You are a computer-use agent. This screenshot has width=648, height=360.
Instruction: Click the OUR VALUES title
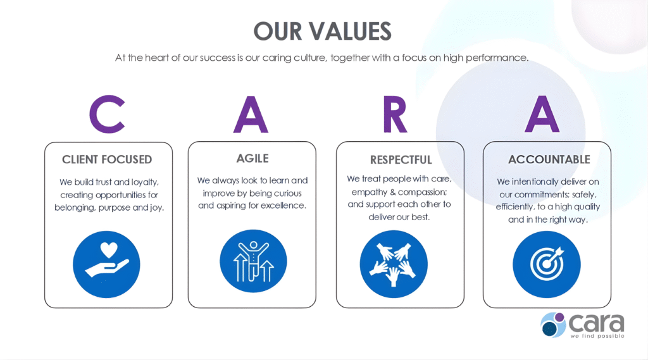pos(322,32)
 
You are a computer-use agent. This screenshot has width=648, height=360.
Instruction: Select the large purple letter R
pos(395,115)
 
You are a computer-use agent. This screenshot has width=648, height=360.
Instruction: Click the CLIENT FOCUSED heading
pos(107,159)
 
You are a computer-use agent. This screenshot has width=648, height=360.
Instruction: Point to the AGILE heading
pos(252,158)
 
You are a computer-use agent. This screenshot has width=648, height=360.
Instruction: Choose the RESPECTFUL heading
pos(401,159)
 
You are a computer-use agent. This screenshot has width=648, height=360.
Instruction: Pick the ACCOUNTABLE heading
pos(549,159)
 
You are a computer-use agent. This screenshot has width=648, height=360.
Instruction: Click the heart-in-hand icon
pos(106,264)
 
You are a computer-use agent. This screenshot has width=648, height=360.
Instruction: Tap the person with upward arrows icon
pos(253,261)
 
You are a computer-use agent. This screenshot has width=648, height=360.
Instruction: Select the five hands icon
pos(394,264)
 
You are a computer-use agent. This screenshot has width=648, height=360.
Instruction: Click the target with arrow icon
pos(547,264)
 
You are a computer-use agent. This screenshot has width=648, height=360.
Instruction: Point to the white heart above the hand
pos(109,250)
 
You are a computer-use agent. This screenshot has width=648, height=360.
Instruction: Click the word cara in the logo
pos(596,323)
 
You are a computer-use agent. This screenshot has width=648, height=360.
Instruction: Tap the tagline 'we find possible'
pos(597,336)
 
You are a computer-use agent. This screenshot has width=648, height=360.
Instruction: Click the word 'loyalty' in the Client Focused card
pos(145,182)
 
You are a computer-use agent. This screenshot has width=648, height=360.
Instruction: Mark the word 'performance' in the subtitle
pos(497,58)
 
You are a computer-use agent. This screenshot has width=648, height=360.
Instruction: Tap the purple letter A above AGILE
pos(251,115)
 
